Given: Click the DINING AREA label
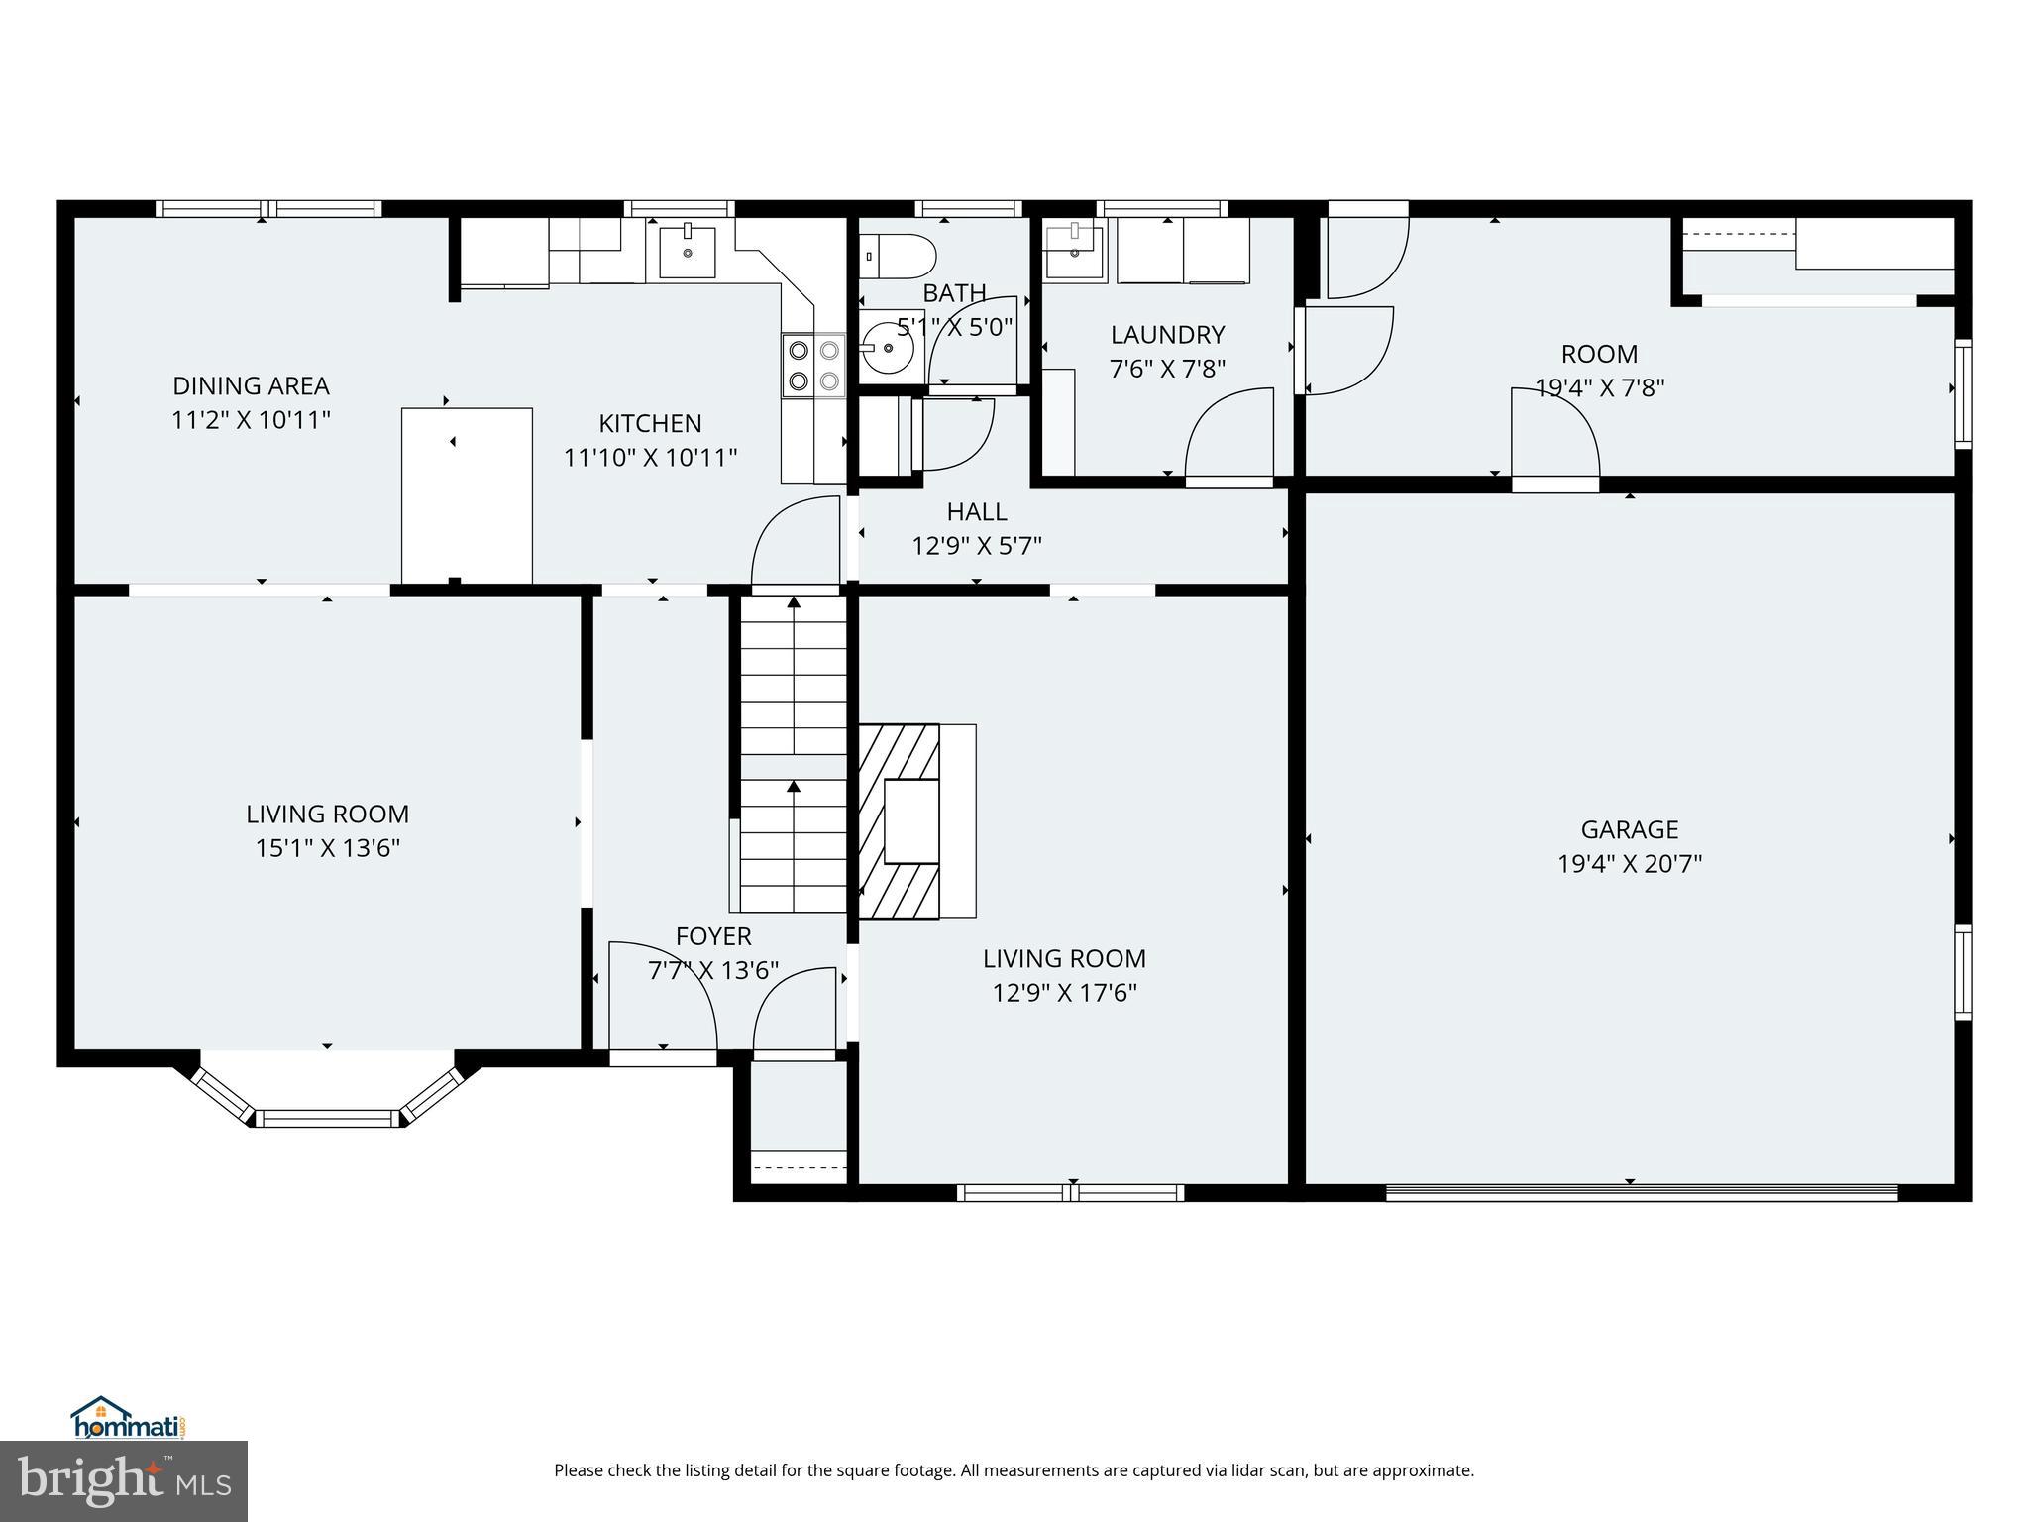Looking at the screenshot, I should coord(251,385).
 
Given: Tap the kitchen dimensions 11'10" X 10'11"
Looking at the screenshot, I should coord(650,458).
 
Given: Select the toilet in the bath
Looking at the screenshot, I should coord(897,256).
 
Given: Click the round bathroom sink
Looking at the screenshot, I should coord(888,349).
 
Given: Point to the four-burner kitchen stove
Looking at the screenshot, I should coord(813,365).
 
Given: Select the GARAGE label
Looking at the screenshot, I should coord(1629,829).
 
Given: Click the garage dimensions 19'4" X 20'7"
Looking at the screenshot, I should coord(1629,864).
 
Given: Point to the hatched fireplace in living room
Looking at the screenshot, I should coord(899,821).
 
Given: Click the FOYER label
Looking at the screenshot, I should coord(713,936).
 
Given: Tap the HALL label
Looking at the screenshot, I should coord(977,512).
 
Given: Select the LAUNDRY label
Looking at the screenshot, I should coord(1167,335).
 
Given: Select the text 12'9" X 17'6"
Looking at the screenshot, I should coord(1064,993).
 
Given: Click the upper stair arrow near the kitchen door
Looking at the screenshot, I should coord(794,602).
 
